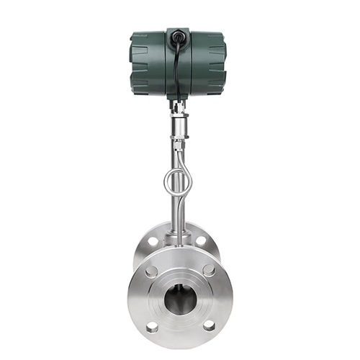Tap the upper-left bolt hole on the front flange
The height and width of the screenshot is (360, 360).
point(152,271)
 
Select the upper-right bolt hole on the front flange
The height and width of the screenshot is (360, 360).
point(208,271)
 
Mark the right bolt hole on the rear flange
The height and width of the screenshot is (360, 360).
point(202,240)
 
